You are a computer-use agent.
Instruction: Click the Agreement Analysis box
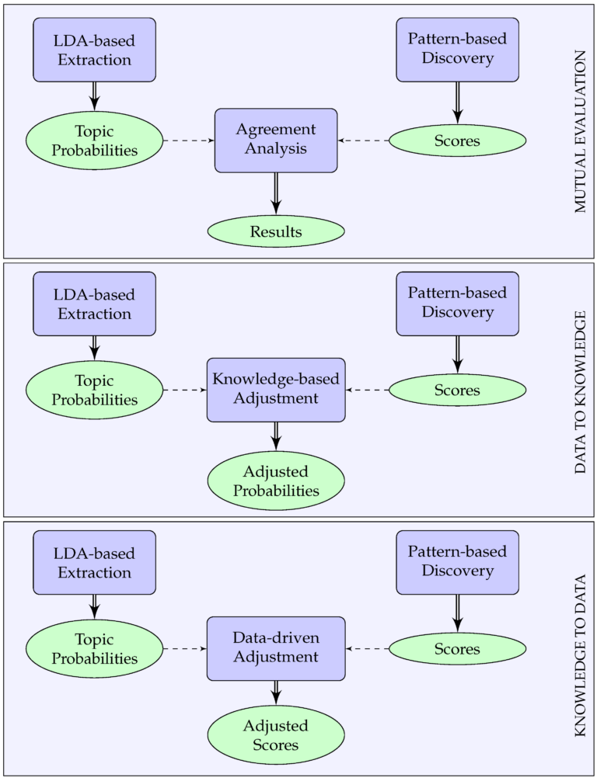276,140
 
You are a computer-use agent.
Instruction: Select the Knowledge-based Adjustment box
276,390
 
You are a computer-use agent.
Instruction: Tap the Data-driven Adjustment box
276,647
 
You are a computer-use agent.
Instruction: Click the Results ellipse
276,231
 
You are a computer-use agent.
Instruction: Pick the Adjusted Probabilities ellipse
276,481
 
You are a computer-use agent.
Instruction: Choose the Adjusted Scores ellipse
276,735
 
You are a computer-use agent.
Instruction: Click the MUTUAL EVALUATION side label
581,131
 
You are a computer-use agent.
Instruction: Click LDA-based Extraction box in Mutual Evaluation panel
94,49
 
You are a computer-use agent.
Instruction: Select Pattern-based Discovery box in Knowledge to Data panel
457,562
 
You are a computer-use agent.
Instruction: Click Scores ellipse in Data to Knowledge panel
457,390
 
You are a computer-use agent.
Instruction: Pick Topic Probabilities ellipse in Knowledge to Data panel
95,649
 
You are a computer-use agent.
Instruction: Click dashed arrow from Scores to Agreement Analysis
363,141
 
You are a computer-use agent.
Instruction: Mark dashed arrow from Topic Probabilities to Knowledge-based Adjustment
185,390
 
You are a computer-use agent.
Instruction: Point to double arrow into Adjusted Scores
276,692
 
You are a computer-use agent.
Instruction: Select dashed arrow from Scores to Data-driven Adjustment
367,648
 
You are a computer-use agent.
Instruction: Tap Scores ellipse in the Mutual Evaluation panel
457,141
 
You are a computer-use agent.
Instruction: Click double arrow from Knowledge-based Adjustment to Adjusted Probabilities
276,436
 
